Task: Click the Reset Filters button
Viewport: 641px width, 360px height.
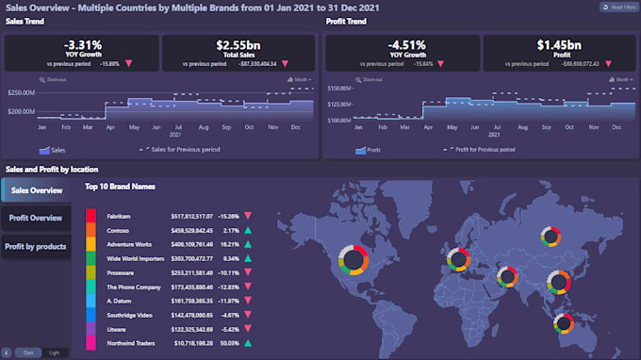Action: (x=617, y=8)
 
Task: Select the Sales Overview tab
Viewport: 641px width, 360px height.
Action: (x=36, y=189)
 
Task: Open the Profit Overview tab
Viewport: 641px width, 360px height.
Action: (x=36, y=218)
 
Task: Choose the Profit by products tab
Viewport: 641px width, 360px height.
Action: (x=36, y=246)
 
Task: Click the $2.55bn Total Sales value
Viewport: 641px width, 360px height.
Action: (x=240, y=45)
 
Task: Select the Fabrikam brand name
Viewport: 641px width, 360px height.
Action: (x=119, y=216)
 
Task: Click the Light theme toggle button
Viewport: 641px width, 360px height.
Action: (x=54, y=352)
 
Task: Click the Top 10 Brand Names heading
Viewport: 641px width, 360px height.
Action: (x=120, y=187)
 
